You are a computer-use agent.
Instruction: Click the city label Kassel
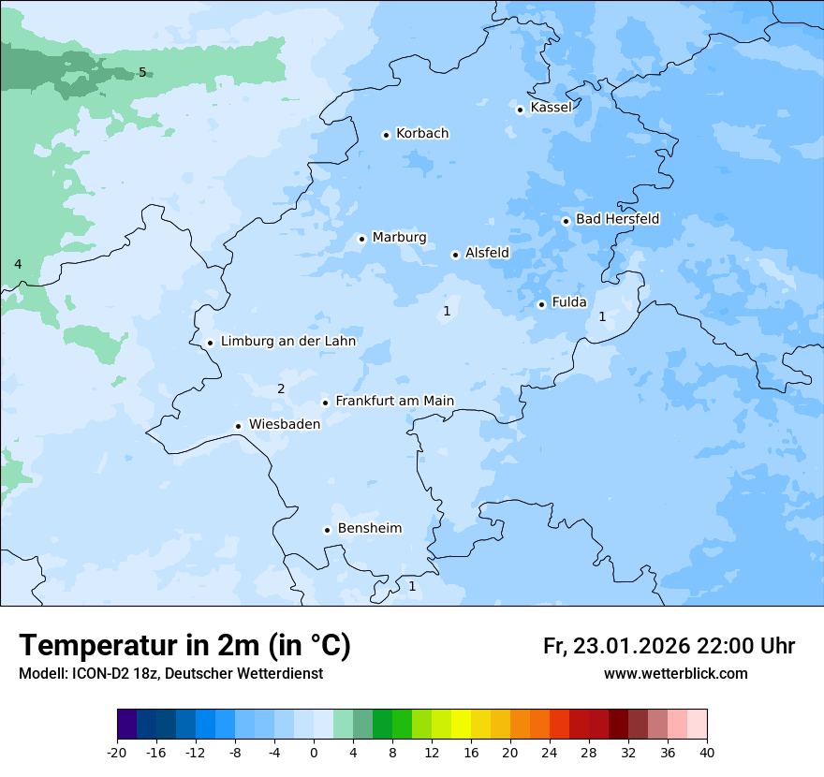pos(551,108)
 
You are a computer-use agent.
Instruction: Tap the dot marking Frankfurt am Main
pos(326,403)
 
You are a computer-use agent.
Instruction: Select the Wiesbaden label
pos(284,424)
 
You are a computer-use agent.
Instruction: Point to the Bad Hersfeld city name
pos(617,219)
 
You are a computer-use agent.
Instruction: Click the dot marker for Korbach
pos(386,135)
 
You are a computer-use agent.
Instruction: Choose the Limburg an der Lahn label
pos(288,342)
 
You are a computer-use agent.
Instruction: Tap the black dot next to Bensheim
pos(327,530)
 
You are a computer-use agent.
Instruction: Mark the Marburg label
pos(399,238)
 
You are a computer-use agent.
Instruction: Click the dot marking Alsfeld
pos(455,255)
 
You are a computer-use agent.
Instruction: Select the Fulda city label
pos(569,302)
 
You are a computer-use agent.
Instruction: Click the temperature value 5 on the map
pos(142,72)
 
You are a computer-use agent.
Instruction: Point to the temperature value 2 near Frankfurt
pos(280,388)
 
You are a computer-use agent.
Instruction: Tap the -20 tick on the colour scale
pos(117,752)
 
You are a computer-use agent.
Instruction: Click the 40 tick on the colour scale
pos(707,752)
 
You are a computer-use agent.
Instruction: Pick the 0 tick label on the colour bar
pos(314,752)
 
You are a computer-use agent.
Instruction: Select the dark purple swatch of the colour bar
pos(126,725)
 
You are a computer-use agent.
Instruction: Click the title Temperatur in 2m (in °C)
pos(184,646)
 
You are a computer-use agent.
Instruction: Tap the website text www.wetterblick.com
pos(675,673)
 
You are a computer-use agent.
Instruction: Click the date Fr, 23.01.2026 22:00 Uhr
pos(669,646)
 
